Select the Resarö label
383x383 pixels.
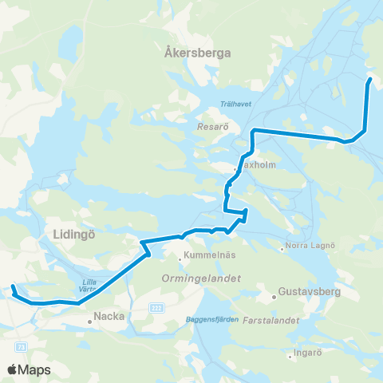[213, 126]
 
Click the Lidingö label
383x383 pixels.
[73, 233]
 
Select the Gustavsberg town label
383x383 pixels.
[310, 293]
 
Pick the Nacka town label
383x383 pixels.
[109, 316]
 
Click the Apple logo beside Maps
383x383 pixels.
[12, 369]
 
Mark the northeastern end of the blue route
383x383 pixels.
[369, 79]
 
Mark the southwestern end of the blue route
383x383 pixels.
[13, 286]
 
